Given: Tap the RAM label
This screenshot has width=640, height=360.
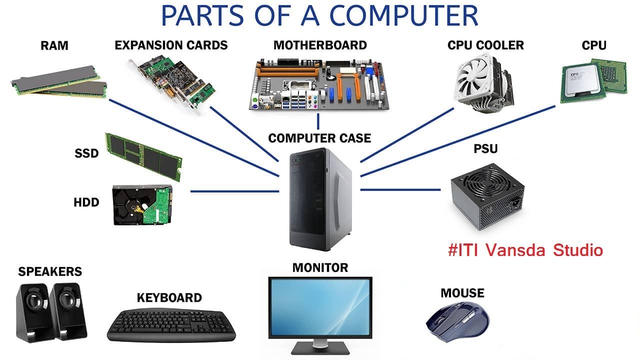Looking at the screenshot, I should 54,46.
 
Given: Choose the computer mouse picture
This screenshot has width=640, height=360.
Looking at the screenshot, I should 457,320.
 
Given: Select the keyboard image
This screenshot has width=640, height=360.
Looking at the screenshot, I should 171,324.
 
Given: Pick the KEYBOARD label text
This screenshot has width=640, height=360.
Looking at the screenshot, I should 169,298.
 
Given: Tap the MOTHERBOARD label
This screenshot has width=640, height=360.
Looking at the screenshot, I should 320,45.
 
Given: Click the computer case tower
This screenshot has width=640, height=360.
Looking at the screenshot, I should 320,200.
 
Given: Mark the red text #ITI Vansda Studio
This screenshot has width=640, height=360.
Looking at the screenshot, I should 525,250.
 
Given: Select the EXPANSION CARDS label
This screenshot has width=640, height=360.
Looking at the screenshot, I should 171,45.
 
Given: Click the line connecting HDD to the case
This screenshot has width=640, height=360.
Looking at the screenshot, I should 235,191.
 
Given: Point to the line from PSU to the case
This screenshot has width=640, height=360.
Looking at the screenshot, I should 400,189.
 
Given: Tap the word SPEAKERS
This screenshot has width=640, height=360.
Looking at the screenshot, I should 50,271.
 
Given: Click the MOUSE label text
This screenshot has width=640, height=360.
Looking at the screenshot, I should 462,293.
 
